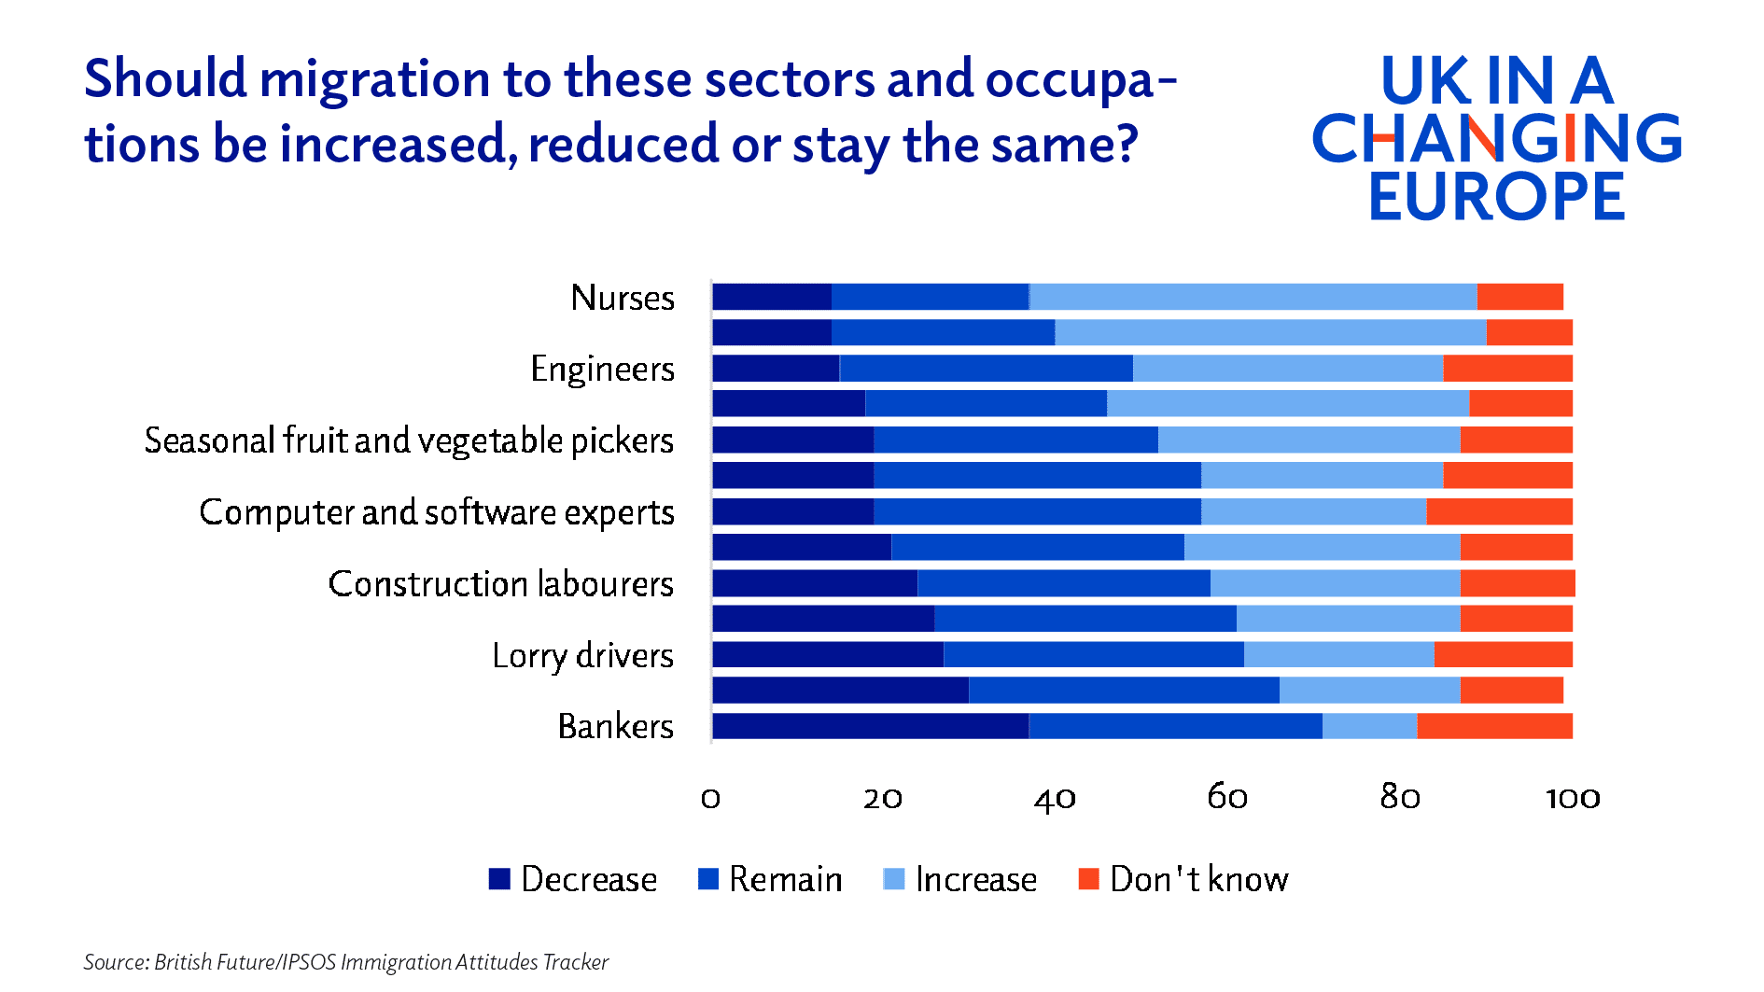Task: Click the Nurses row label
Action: point(623,298)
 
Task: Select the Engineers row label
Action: point(602,370)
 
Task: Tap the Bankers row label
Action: point(615,726)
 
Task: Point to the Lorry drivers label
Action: point(582,655)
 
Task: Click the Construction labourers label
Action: point(500,584)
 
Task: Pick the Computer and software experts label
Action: point(436,512)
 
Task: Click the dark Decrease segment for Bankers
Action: point(870,726)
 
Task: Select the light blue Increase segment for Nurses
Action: point(1253,297)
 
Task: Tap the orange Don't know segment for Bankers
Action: point(1493,726)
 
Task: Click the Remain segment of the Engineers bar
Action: point(986,369)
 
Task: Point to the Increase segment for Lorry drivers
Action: point(1338,654)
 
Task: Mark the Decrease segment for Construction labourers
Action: point(814,583)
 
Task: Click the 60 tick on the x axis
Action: point(1227,797)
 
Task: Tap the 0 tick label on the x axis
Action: point(711,798)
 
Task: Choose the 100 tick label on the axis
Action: point(1573,798)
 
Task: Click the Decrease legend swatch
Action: point(499,879)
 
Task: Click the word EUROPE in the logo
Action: point(1496,196)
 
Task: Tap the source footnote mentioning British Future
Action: point(345,962)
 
